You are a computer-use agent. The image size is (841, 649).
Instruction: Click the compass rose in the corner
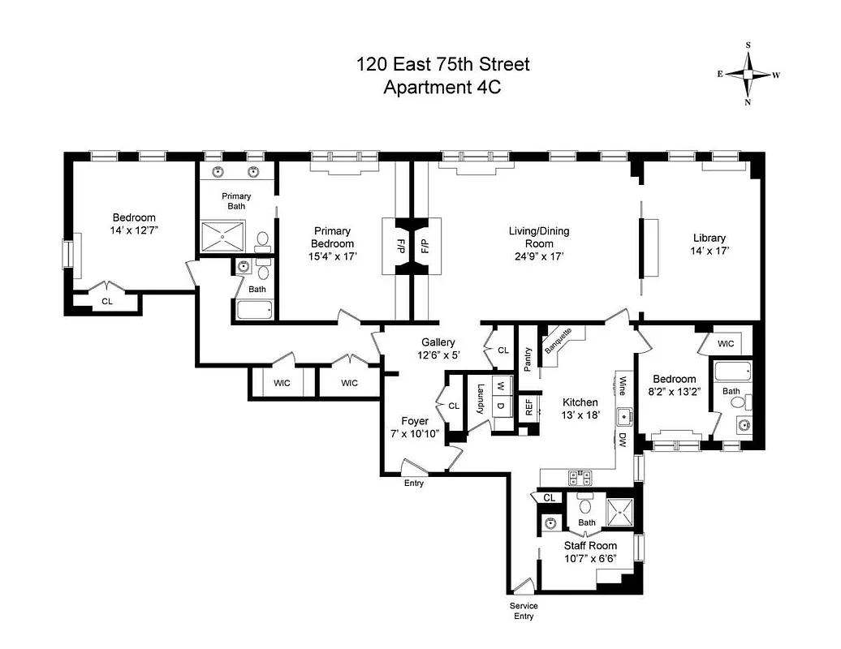point(748,74)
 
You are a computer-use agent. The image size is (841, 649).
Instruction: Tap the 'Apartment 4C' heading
point(442,88)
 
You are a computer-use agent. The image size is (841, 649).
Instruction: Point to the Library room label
point(709,238)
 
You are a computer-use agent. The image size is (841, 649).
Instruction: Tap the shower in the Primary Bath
point(222,236)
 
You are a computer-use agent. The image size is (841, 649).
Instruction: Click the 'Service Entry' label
point(524,611)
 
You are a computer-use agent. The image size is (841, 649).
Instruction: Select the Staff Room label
point(590,546)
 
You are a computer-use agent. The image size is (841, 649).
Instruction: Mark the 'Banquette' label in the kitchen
point(559,342)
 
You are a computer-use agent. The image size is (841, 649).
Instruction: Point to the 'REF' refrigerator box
point(528,406)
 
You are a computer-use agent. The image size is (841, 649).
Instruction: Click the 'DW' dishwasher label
point(622,441)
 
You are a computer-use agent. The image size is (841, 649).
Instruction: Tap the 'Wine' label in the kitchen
point(623,385)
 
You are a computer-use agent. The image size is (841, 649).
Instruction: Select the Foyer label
point(414,421)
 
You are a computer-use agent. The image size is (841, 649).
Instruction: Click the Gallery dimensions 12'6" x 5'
point(437,355)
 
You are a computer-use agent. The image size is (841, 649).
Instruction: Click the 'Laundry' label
point(481,398)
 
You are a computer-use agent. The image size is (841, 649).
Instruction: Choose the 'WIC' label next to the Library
point(726,344)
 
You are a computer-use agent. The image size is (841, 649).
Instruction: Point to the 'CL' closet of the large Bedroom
point(107,302)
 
